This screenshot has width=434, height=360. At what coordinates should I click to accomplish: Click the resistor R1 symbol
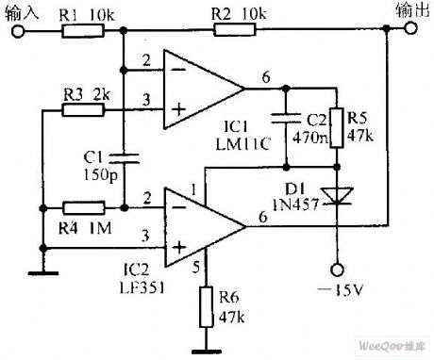pos(76,31)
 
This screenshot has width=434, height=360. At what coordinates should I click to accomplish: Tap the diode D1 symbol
pos(331,194)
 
